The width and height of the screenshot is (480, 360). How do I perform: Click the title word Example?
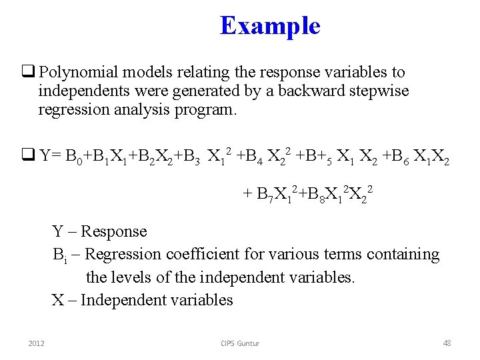[x=270, y=26]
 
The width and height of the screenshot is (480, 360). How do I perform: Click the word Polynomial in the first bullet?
[x=78, y=72]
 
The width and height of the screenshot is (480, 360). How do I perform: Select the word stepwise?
[x=381, y=91]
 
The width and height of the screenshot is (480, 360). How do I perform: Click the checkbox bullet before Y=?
[x=29, y=157]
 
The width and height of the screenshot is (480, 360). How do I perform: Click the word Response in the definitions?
[x=115, y=231]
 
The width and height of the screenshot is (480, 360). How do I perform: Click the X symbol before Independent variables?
[x=58, y=300]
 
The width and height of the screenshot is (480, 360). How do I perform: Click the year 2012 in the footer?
[x=36, y=343]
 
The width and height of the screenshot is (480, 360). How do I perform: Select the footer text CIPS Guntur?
[x=240, y=343]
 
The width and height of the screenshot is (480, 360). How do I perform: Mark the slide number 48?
[x=447, y=343]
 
